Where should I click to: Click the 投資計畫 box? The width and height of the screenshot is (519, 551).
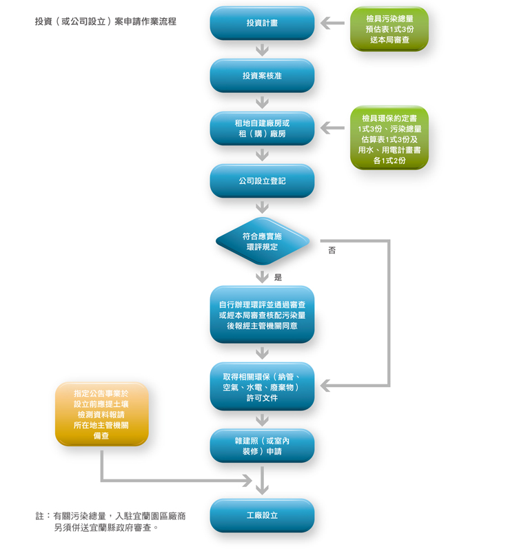[x=262, y=23]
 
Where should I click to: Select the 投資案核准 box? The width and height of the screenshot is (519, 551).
[x=262, y=76]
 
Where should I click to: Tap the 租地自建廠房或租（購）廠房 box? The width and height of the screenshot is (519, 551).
[x=262, y=128]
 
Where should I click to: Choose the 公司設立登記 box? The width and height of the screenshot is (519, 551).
[x=262, y=181]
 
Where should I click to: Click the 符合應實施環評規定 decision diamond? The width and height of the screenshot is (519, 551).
[x=263, y=242]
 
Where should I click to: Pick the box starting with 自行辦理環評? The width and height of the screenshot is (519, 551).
[x=262, y=315]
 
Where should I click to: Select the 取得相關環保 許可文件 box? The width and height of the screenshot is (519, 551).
[x=262, y=387]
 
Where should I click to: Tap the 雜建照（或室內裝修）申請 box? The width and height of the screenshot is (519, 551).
[x=262, y=446]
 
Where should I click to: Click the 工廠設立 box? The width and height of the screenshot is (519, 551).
[x=262, y=515]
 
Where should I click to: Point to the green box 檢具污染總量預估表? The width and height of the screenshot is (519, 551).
[x=389, y=29]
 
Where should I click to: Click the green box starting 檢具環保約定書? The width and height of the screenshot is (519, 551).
[x=389, y=138]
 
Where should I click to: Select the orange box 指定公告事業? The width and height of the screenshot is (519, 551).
[x=101, y=415]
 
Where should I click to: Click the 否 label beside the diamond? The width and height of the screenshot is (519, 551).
[x=332, y=250]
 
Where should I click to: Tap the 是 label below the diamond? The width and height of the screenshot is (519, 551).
[x=278, y=278]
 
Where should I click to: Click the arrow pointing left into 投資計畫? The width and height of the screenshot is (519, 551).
[x=333, y=23]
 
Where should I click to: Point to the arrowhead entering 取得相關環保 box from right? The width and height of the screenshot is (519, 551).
[x=325, y=386]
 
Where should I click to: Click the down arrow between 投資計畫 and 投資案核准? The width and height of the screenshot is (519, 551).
[x=263, y=50]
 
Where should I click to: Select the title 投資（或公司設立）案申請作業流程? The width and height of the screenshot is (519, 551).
[x=105, y=21]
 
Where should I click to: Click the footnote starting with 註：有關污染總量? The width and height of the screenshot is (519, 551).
[x=110, y=522]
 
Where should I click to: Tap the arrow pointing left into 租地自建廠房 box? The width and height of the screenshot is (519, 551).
[x=333, y=128]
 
